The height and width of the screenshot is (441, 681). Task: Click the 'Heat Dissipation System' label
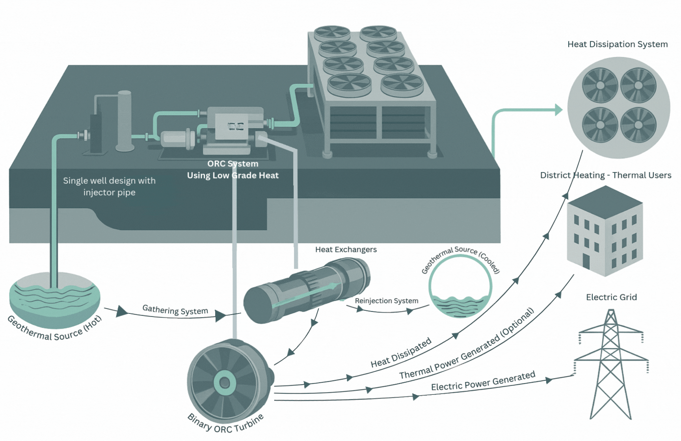617,44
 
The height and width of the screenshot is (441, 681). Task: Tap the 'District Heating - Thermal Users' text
605,175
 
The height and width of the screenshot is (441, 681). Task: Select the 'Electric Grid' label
611,297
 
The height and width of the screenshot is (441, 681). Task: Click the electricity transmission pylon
611,366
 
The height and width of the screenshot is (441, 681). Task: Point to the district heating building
605,232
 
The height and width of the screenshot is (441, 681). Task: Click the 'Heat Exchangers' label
346,250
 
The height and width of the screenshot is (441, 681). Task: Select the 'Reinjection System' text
386,301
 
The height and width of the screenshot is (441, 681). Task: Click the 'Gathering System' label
175,310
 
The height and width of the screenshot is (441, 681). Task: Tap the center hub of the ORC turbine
225,382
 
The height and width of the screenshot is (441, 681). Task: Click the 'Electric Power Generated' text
483,381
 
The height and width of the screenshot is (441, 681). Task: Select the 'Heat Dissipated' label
401,353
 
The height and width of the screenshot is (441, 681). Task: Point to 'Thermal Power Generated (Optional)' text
467,344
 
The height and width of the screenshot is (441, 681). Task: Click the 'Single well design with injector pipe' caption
109,187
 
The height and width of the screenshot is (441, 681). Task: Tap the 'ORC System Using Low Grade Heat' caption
233,170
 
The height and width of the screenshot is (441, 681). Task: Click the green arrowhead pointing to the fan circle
558,110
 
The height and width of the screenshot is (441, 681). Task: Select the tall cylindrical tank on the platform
125,120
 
